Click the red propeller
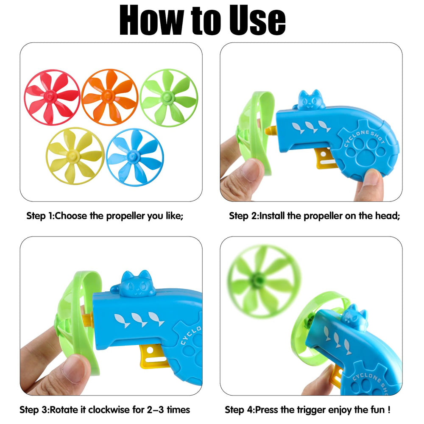pyautogui.click(x=52, y=97)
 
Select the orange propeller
pyautogui.click(x=109, y=97)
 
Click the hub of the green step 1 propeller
pyautogui.click(x=167, y=97)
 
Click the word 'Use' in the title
pyautogui.click(x=257, y=20)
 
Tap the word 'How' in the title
pyautogui.click(x=152, y=20)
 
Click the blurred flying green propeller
pyautogui.click(x=264, y=281)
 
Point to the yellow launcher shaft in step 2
pyautogui.click(x=271, y=131)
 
